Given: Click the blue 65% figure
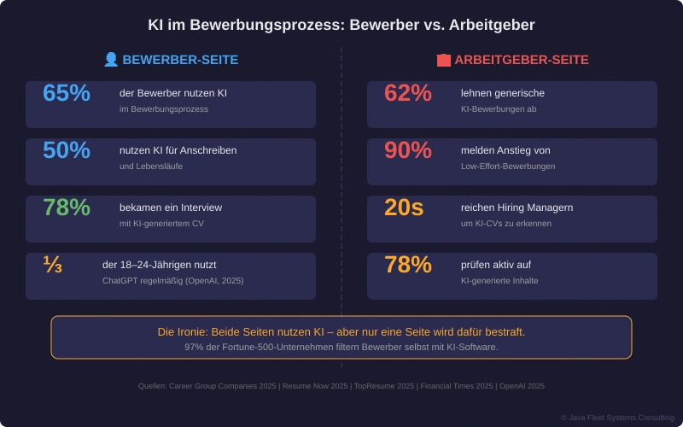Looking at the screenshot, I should point(67,93).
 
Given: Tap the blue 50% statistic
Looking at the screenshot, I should point(67,150).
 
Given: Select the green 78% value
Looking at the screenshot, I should point(67,208).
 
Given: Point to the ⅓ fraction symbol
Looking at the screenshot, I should point(53,265).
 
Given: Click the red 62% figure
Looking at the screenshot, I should point(408,93).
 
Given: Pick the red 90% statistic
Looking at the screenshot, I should point(408,150).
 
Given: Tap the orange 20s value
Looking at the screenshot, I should point(404,208).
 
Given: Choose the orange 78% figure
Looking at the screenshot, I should point(408,265).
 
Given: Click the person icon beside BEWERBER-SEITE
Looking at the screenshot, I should point(111,60).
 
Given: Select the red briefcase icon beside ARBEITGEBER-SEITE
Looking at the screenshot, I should point(443,60).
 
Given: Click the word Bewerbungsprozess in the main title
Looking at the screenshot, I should point(264,25).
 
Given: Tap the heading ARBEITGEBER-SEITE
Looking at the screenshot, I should point(521,60).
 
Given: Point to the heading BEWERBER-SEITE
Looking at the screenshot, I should point(180,60).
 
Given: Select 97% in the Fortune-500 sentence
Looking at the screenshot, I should point(196,347).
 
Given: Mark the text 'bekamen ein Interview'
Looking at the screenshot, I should point(171,208).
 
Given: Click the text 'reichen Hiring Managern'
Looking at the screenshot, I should point(517,208).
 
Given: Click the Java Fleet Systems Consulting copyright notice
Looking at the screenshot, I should point(617,418).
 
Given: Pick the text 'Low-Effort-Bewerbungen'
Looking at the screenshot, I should point(508,167).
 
